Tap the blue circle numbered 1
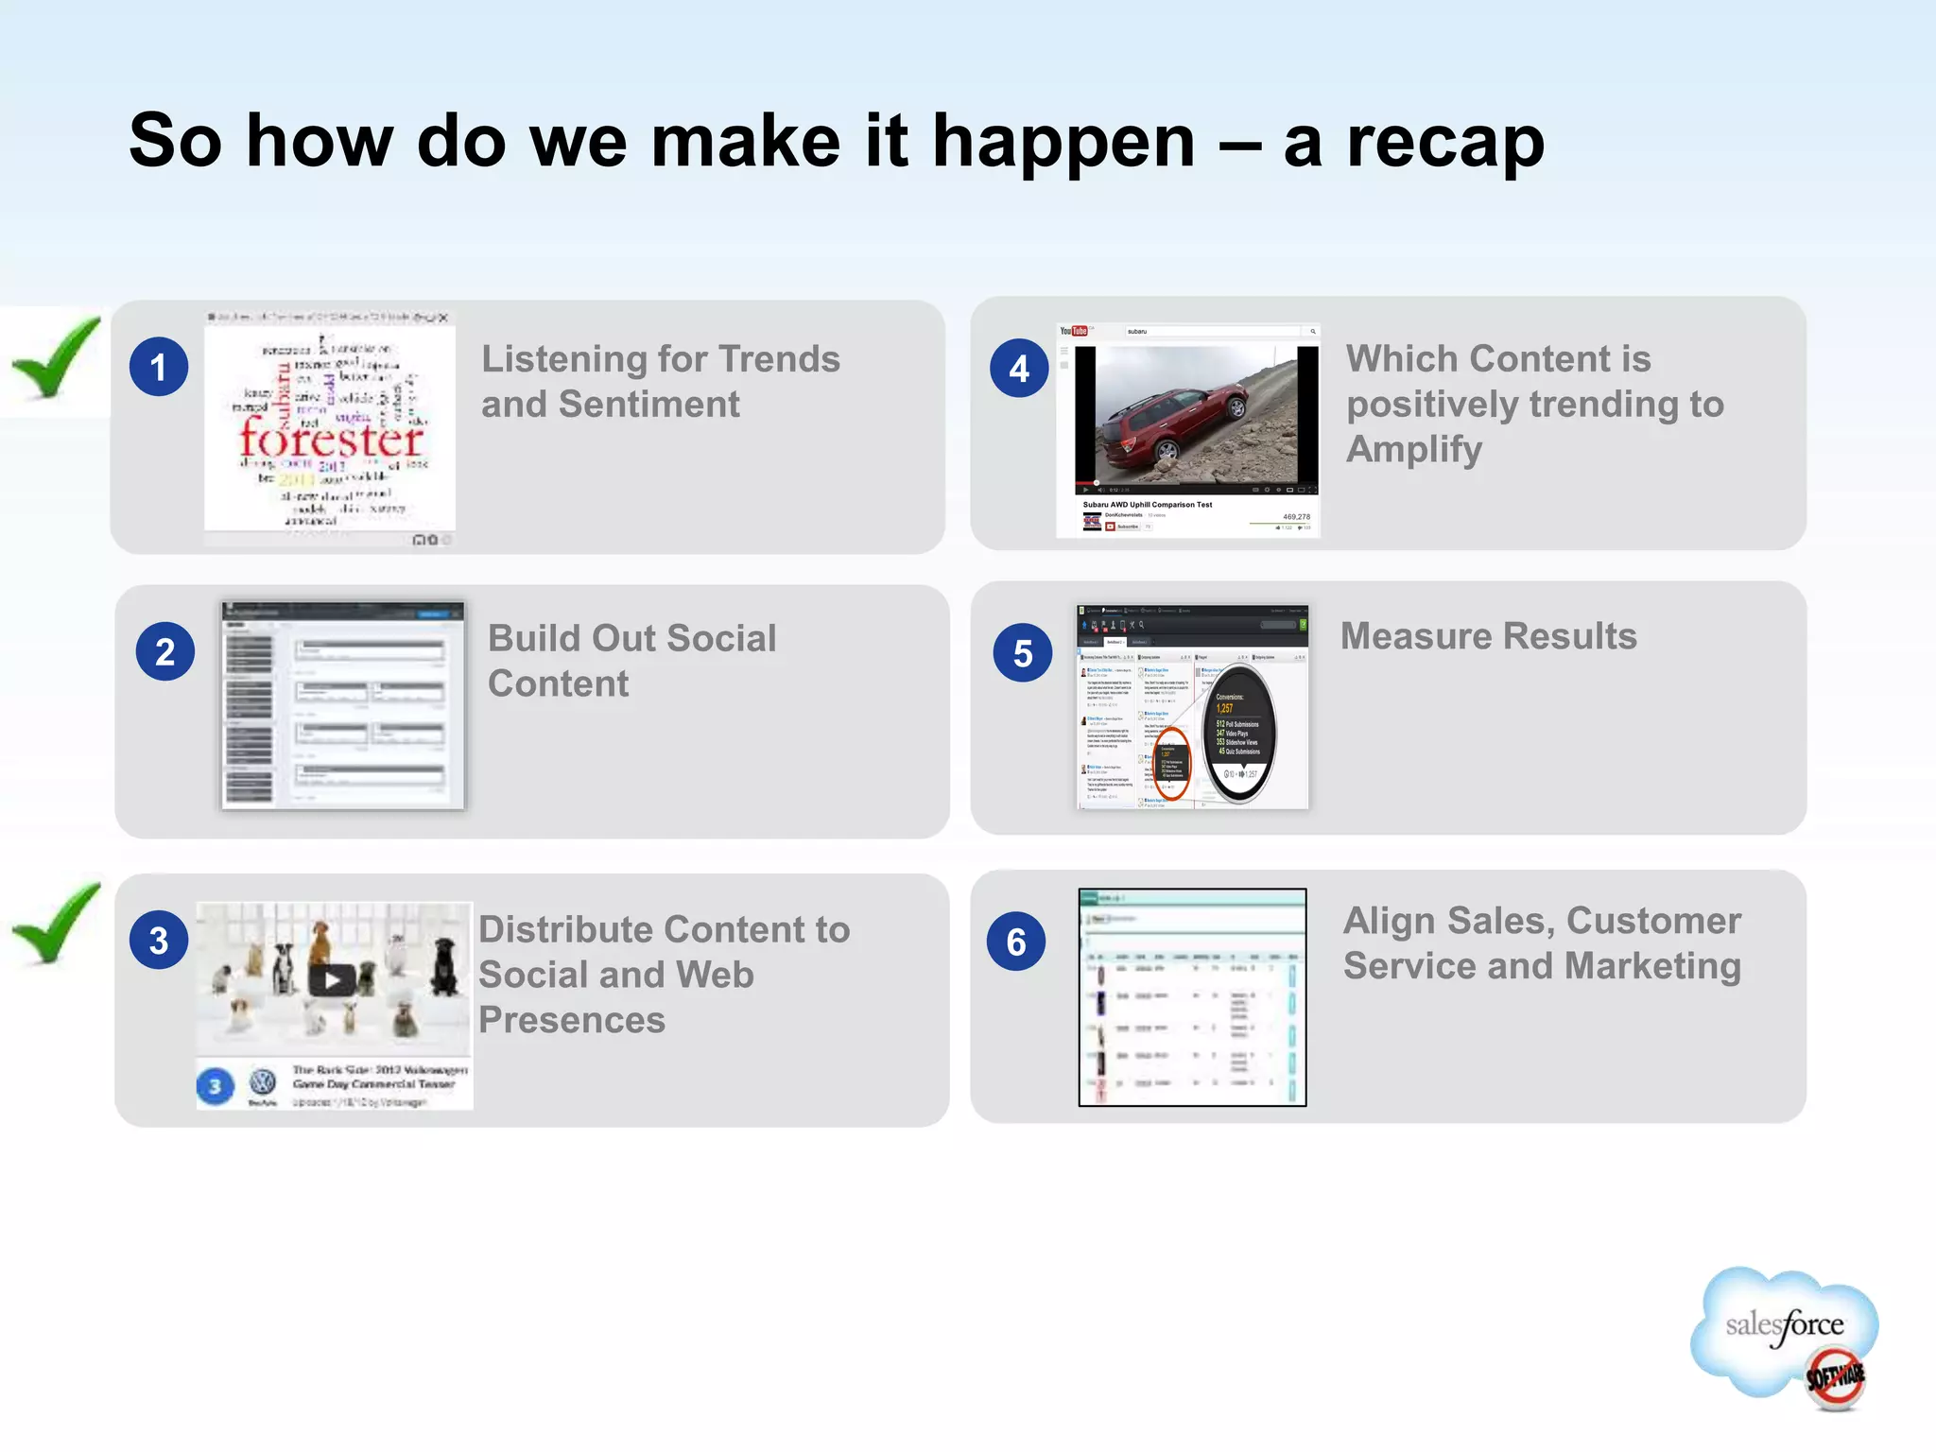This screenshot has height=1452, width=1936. pyautogui.click(x=159, y=367)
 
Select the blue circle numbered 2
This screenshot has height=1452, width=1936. pyautogui.click(x=164, y=652)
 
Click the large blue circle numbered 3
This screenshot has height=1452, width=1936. pyautogui.click(x=159, y=941)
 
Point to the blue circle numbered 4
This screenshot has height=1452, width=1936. pyautogui.click(x=1019, y=369)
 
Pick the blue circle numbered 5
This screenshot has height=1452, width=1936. pyautogui.click(x=1022, y=653)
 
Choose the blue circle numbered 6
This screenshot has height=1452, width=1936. pyautogui.click(x=1016, y=942)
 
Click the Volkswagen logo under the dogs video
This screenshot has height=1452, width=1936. pyautogui.click(x=263, y=1082)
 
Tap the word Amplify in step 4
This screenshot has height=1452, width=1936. pyautogui.click(x=1413, y=450)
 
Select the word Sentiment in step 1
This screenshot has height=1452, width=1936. pyautogui.click(x=648, y=405)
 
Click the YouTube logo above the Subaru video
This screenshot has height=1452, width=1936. pyautogui.click(x=1073, y=331)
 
